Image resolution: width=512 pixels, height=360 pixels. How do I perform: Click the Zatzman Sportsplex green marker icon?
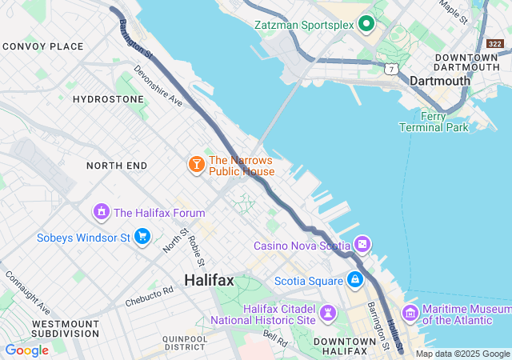(x=366, y=23)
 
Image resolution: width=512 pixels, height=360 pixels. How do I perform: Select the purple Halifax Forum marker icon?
(x=101, y=212)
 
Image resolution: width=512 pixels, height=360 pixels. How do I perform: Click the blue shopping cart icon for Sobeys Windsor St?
(x=142, y=237)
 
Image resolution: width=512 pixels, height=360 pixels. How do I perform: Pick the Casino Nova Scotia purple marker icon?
(x=362, y=244)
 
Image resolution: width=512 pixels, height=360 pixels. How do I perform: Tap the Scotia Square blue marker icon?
(x=354, y=279)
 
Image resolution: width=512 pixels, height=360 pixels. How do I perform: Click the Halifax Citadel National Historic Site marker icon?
(x=328, y=312)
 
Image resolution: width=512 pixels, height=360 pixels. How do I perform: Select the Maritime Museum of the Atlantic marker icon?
(x=410, y=312)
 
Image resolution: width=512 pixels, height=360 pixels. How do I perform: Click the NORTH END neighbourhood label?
(x=117, y=166)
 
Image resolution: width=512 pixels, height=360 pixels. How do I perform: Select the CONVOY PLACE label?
(x=43, y=46)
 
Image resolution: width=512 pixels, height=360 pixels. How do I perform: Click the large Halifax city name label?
(x=209, y=280)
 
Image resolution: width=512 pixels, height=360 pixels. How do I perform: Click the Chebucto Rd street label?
(x=149, y=297)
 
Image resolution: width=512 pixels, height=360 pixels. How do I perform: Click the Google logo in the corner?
(x=26, y=350)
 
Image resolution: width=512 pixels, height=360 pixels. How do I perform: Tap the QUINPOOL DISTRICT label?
(x=185, y=342)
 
